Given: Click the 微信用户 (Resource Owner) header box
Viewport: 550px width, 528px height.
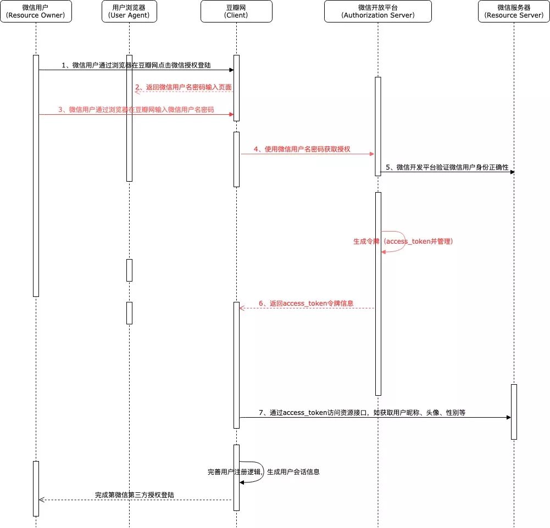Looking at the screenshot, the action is point(36,11).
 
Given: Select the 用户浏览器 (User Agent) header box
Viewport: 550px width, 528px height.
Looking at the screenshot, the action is point(129,11).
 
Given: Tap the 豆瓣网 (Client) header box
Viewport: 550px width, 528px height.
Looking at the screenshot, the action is point(236,11).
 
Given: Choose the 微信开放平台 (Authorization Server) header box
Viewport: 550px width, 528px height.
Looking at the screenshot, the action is point(378,11).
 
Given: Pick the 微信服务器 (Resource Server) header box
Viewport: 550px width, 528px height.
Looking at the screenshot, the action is point(514,11).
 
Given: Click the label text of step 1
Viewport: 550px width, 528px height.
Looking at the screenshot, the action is point(136,65).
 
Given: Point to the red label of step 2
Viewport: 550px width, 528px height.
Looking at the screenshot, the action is point(184,87).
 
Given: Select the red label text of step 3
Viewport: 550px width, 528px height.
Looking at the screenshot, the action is point(136,110).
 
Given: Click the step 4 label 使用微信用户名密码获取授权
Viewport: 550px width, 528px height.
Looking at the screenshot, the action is point(302,149).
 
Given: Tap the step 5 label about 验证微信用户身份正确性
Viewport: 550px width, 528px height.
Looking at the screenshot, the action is point(447,167).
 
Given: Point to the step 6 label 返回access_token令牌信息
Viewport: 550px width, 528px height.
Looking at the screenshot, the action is point(306,304).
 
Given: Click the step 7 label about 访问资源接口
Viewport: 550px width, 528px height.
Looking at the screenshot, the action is point(362,413).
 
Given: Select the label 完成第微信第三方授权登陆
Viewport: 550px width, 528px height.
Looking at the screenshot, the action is point(135,495).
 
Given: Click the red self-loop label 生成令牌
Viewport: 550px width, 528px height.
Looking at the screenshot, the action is point(403,241).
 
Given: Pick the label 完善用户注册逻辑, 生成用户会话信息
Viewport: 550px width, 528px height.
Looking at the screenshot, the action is point(263,472).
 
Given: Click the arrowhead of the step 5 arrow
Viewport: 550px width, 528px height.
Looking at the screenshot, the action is point(513,172).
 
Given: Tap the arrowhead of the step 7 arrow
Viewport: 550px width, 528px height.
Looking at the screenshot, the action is point(509,417).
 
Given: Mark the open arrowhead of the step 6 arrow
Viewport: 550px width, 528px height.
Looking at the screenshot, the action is point(242,308).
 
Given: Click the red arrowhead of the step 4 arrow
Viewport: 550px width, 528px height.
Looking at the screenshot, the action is point(372,154).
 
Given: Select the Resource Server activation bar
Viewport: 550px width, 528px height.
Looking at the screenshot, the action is point(514,412).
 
